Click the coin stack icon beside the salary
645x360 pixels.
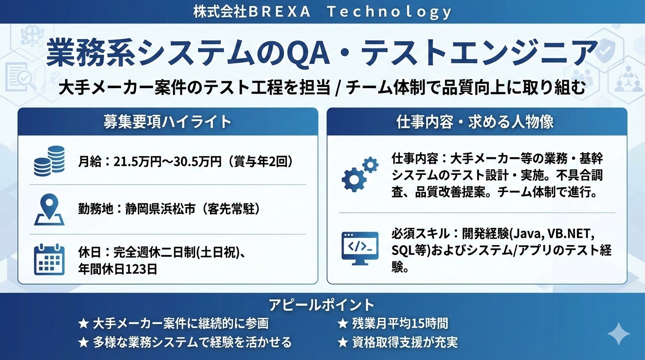coord(49,161)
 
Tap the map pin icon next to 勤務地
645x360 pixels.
coord(49,210)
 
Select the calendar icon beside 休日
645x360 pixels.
coord(49,260)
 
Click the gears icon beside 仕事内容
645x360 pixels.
coord(360,174)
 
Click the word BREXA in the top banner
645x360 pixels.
coord(279,12)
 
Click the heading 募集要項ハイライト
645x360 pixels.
coord(168,122)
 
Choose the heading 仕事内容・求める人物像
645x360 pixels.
coord(475,122)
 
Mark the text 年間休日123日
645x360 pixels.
coord(118,270)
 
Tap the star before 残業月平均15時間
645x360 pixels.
coord(343,324)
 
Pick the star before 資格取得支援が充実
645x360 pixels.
coord(343,343)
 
